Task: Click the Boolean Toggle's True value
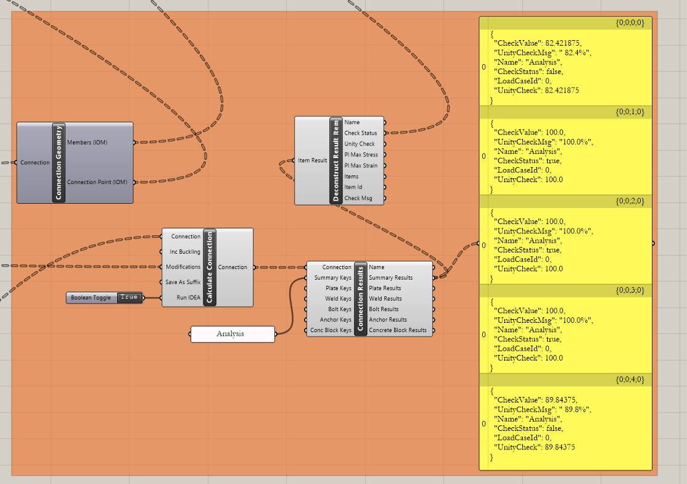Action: tap(129, 298)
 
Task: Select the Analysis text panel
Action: tap(232, 334)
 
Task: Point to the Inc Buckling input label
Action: tap(185, 252)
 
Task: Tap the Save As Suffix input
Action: tap(183, 282)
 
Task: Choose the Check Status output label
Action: tap(361, 133)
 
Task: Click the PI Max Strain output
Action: tap(361, 165)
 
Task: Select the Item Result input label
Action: tap(313, 161)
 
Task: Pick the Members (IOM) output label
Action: tap(87, 143)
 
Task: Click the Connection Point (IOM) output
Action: tap(97, 182)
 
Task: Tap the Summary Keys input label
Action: tap(332, 278)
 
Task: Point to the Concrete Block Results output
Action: tap(398, 330)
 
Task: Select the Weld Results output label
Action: tap(385, 299)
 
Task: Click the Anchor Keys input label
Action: tap(335, 320)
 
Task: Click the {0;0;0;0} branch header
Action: tap(630, 23)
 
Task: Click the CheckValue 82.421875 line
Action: tap(537, 43)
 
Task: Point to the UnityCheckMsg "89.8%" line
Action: tap(542, 409)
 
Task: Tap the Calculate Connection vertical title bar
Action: tap(210, 267)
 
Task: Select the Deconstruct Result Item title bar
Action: tap(336, 160)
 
